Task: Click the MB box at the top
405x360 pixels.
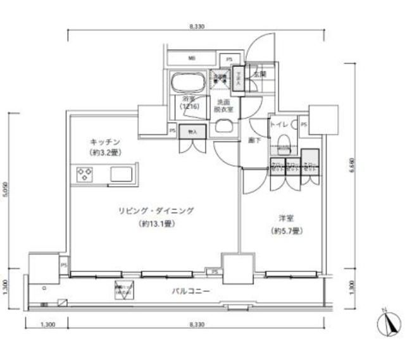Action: [x=190, y=59]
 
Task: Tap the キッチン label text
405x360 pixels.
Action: [x=104, y=142]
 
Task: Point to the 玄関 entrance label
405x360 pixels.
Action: [x=259, y=74]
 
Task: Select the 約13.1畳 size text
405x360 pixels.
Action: [x=154, y=223]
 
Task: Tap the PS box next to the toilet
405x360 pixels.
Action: [x=304, y=125]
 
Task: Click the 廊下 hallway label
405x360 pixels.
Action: [x=254, y=140]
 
